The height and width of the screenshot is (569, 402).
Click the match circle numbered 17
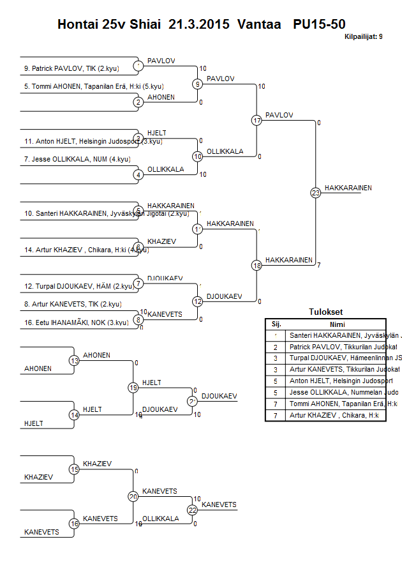point(257,120)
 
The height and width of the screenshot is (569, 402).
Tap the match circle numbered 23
point(315,192)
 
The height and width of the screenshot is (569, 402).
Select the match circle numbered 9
point(198,84)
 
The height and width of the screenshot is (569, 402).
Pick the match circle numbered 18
point(257,265)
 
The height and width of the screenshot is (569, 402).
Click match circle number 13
point(74,361)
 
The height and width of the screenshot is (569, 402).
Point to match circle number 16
point(74,524)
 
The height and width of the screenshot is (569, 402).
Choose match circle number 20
point(133,496)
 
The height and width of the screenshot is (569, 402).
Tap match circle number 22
point(192,510)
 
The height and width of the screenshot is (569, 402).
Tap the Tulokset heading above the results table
point(325,312)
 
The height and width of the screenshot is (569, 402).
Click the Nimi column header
point(335,324)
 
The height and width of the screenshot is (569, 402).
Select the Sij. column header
point(276,324)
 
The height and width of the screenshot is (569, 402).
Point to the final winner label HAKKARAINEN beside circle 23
point(348,188)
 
